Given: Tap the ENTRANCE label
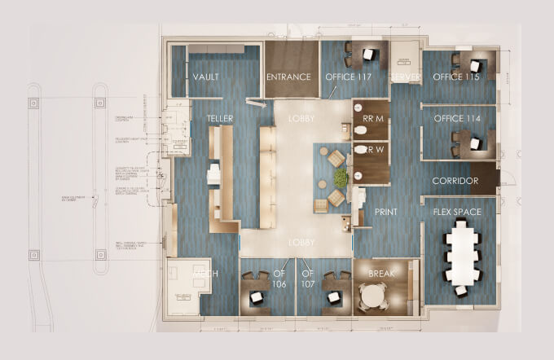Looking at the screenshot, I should coord(289,77).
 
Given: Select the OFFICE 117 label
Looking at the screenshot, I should coord(349,77).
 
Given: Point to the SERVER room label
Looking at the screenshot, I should coord(404,77).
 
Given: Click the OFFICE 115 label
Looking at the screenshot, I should coord(456,77).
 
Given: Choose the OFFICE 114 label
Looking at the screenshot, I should coord(456,119).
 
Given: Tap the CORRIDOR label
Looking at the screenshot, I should coord(455,181).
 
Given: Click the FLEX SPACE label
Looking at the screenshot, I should coord(457,213).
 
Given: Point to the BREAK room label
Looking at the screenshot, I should coord(382,274).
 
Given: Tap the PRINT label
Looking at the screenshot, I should coord(385,213).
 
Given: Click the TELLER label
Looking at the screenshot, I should coord(220,120).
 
